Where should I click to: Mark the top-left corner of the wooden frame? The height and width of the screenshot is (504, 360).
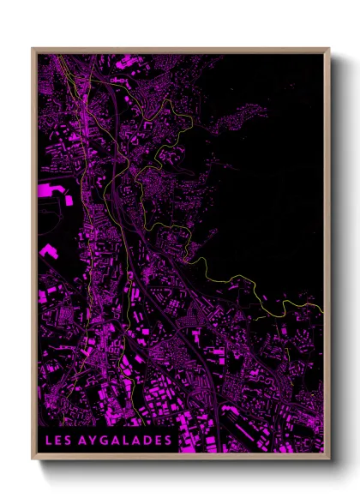pyautogui.click(x=33, y=49)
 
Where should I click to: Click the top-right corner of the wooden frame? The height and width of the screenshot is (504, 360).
pyautogui.click(x=329, y=49)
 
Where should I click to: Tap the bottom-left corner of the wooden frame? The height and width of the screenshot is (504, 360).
pyautogui.click(x=33, y=459)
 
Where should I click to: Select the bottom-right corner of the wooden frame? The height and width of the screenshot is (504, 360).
pyautogui.click(x=329, y=459)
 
